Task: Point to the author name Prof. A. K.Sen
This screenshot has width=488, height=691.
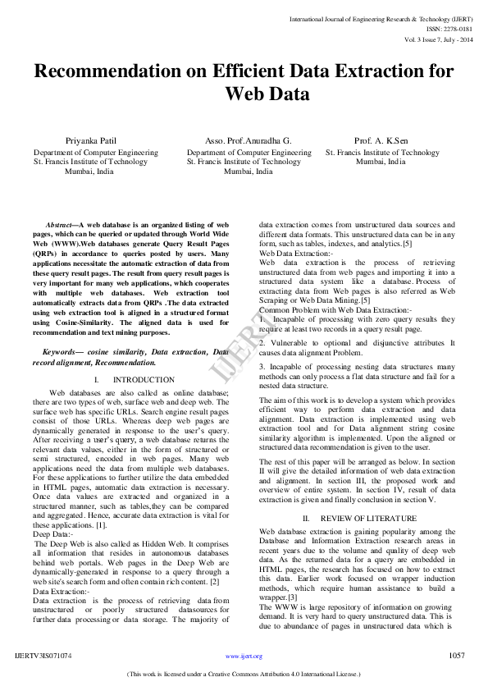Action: pos(382,141)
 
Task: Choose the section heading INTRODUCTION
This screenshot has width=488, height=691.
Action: pos(144,380)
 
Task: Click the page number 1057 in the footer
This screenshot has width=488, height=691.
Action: pos(458,656)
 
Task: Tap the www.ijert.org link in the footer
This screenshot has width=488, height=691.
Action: pos(244,657)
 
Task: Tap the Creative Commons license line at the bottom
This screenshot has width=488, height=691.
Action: pos(244,674)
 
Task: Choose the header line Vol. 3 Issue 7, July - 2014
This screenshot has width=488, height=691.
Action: pos(438,39)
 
